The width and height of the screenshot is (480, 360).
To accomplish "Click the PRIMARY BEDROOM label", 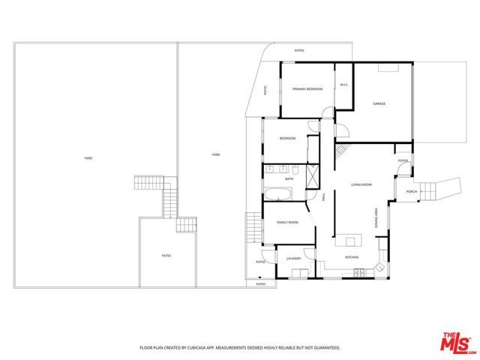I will coord(307,89).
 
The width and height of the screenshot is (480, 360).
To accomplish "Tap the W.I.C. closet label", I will coord(343,85).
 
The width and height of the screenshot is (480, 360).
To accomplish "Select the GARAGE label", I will coord(379,103).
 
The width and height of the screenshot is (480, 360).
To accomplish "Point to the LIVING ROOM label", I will coord(362,184).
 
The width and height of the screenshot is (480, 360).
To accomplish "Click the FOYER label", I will coord(403,160).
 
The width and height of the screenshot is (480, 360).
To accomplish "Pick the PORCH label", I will coord(411,192).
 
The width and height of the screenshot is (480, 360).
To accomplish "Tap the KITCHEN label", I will coord(352,257).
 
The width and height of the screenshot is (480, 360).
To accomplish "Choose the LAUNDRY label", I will coord(293,259).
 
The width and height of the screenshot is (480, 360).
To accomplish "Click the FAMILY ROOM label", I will coord(287,223).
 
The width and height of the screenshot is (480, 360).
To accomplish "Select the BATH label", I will coord(289,178).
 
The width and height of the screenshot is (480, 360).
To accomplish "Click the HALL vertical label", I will coord(323,197).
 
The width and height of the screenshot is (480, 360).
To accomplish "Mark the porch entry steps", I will coord(429,192).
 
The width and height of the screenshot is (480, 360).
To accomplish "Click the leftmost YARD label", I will coord(88,158).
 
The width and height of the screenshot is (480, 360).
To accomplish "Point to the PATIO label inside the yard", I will coord(166,256).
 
